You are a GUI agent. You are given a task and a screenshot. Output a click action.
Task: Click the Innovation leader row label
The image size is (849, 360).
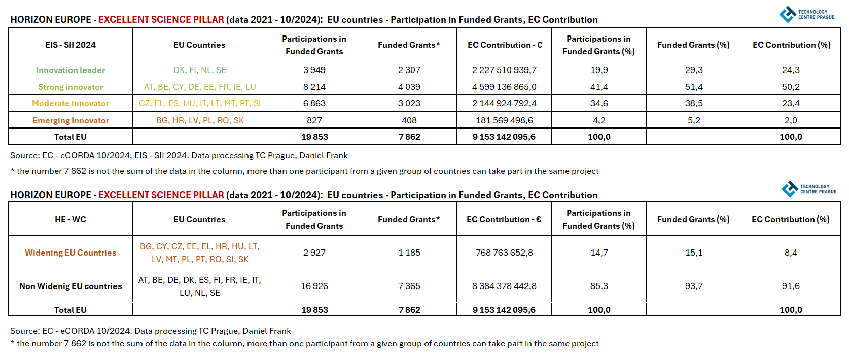click(70, 70)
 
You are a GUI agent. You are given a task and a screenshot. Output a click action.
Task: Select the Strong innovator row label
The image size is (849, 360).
click(70, 87)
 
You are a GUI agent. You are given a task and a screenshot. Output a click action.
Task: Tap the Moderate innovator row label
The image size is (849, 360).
click(70, 103)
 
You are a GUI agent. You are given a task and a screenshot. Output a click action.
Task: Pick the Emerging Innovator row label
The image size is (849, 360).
click(70, 120)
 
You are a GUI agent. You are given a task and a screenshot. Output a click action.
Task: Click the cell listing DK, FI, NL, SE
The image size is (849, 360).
click(200, 70)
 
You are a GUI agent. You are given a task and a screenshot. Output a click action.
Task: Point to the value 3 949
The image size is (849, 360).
click(314, 70)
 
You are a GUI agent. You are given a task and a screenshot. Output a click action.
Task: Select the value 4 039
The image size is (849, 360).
click(409, 87)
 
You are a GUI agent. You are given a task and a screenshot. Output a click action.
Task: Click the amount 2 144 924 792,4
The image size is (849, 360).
click(504, 103)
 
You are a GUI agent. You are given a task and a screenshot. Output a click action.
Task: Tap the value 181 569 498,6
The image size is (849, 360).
click(504, 120)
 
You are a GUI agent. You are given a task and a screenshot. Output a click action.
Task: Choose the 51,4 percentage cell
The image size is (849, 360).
click(694, 87)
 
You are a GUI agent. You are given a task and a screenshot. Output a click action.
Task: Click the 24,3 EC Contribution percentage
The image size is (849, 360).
click(791, 70)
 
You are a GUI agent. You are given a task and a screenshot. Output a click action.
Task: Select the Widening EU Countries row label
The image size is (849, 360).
click(70, 253)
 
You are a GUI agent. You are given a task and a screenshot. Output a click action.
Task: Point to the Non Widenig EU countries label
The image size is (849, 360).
click(70, 286)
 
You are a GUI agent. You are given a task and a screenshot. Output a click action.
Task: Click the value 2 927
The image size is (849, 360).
click(314, 253)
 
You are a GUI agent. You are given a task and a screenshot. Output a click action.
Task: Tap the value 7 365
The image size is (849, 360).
click(409, 286)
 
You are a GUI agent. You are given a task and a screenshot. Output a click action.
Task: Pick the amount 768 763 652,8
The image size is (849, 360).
click(504, 253)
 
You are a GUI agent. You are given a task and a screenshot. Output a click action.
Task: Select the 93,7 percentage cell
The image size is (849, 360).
click(694, 286)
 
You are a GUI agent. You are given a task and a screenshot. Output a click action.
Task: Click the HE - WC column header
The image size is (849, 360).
click(70, 219)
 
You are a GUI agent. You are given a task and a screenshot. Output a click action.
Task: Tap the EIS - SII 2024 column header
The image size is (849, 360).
click(70, 45)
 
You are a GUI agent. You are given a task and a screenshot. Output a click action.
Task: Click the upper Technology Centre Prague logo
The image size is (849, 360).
click(806, 14)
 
